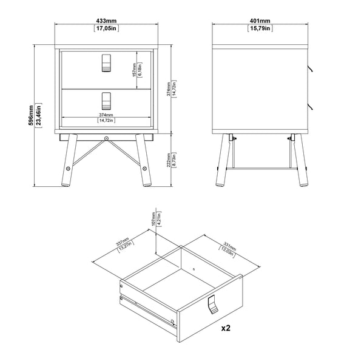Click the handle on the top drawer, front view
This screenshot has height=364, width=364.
(x=107, y=63)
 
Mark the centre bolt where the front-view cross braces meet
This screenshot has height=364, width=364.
(x=107, y=140)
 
